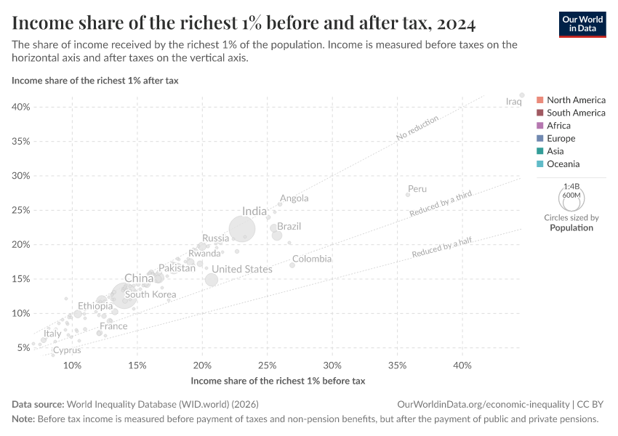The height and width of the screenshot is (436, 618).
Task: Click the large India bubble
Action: click(x=242, y=229)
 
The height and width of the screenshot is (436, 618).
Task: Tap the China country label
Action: click(x=139, y=278)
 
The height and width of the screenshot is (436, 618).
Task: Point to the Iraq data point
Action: click(x=521, y=94)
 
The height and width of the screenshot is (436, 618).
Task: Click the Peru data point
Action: click(x=408, y=194)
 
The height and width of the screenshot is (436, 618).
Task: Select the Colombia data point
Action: click(x=292, y=265)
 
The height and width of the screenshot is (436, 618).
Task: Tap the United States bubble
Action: click(x=212, y=280)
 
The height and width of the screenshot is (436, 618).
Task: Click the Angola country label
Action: click(x=294, y=198)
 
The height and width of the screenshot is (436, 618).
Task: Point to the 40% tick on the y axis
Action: click(x=21, y=107)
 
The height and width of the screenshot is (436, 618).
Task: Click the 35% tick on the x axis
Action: click(x=398, y=365)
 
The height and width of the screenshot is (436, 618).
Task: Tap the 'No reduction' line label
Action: click(x=418, y=128)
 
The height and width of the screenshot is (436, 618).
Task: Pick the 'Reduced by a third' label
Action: click(x=441, y=204)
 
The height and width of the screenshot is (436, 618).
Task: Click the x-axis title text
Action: click(x=277, y=381)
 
